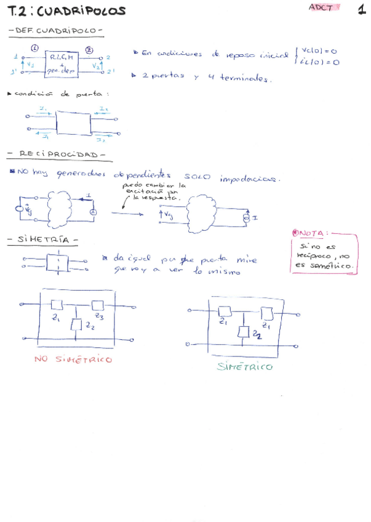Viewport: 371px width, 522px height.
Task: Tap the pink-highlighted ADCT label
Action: (x=319, y=7)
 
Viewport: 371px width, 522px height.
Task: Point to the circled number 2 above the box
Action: (x=89, y=49)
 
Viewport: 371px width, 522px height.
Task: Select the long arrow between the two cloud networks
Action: (x=130, y=212)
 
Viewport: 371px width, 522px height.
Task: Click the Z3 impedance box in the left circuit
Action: (x=97, y=305)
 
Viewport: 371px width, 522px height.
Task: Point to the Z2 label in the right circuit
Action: (x=256, y=335)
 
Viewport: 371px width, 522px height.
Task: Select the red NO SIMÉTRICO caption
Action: (x=73, y=359)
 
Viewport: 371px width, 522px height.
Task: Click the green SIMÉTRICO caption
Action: (x=244, y=367)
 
